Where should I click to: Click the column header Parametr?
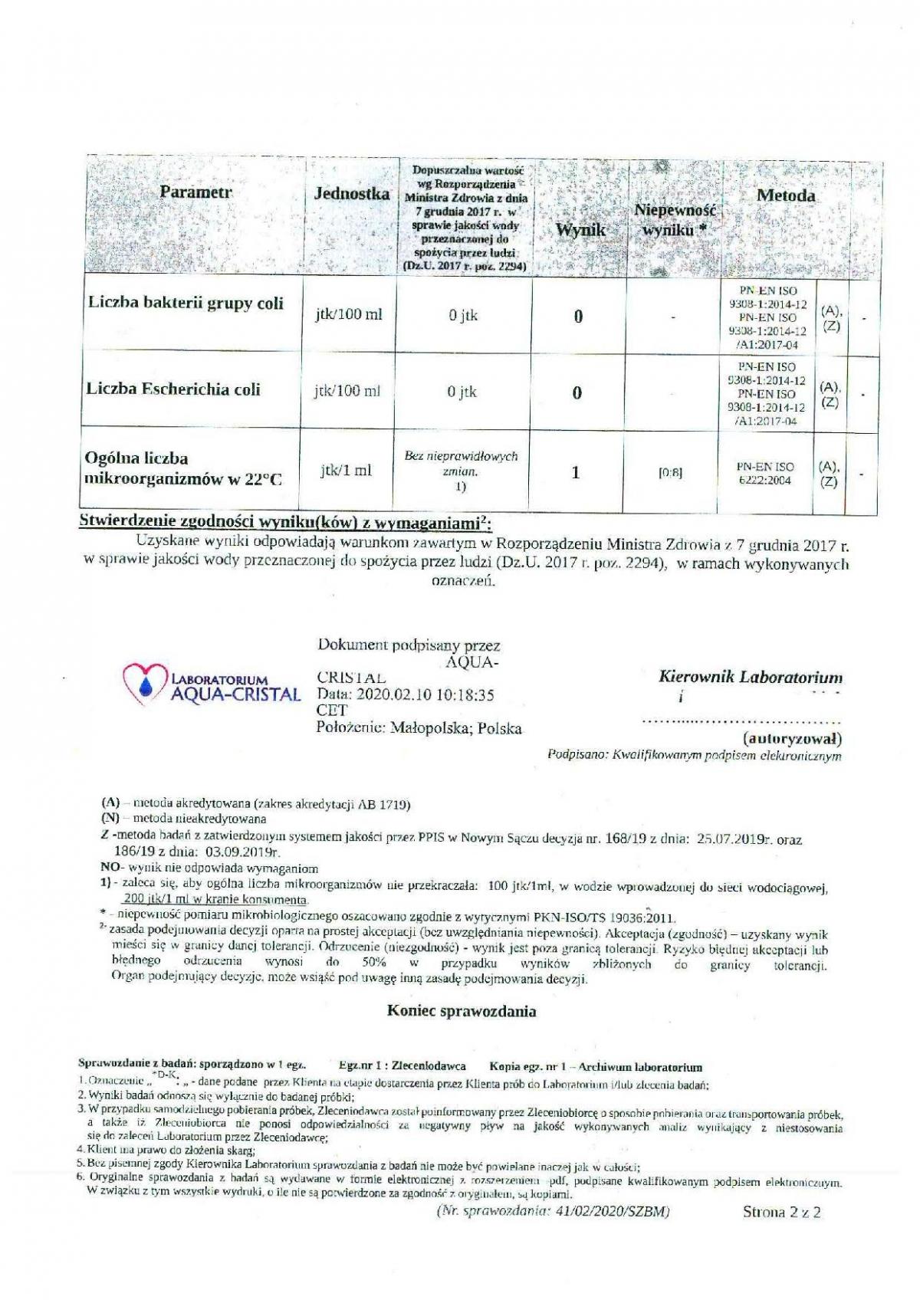tap(195, 192)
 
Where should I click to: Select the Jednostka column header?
tap(352, 194)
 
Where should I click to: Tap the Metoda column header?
tap(785, 195)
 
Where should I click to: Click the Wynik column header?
tap(580, 230)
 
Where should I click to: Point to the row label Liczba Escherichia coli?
tap(173, 389)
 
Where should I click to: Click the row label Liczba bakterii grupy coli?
tap(185, 303)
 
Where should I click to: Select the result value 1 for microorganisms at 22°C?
tap(577, 473)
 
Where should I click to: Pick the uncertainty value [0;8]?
tap(671, 474)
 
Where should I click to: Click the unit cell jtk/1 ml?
tap(346, 471)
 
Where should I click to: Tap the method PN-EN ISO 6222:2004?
tap(765, 473)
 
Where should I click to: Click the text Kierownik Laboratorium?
tap(750, 677)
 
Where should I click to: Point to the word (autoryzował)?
tap(792, 739)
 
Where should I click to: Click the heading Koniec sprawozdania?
tap(462, 1011)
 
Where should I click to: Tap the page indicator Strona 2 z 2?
tap(781, 1212)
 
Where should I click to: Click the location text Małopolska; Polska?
tap(456, 728)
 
